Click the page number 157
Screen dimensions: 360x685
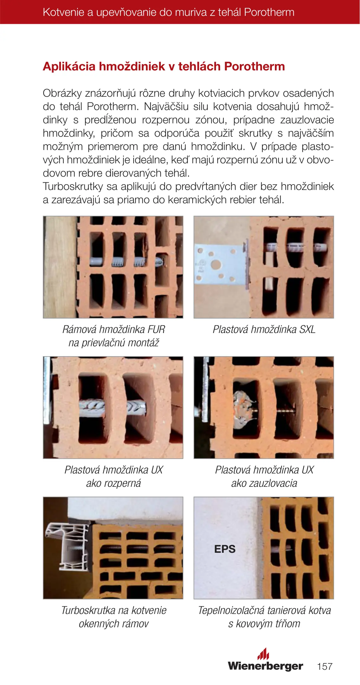click(x=324, y=666)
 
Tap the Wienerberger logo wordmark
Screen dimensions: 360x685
click(x=265, y=666)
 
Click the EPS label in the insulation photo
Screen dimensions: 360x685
click(x=225, y=549)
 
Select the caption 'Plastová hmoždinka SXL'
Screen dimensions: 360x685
click(x=264, y=329)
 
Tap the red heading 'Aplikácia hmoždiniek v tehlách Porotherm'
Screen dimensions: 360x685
click(x=164, y=66)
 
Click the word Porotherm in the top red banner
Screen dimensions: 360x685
click(x=269, y=12)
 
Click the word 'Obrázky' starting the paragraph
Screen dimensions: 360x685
click(x=62, y=93)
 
